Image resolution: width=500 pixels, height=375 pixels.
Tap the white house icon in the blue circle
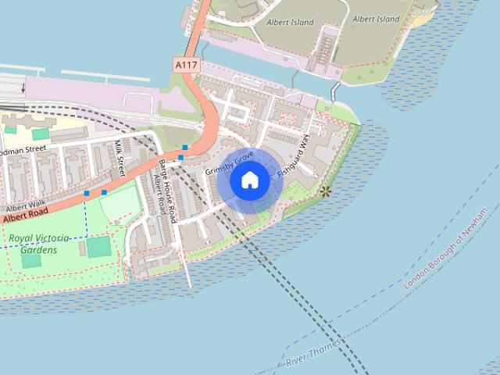point(250,180)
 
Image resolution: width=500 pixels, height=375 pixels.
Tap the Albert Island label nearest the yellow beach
point(376,19)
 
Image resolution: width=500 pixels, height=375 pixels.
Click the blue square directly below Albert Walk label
point(87,193)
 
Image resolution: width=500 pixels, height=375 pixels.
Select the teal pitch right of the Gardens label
point(98,248)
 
